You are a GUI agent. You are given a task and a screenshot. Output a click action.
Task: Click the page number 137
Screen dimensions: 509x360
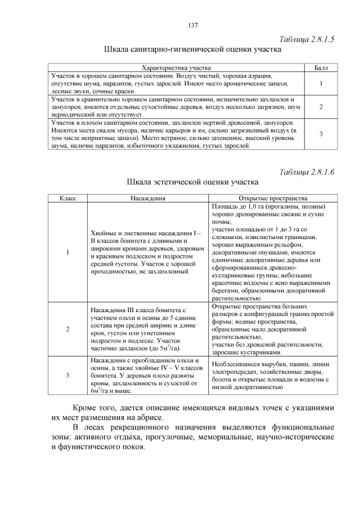(x=192, y=25)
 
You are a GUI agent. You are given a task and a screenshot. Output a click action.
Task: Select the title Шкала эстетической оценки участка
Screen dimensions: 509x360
(x=193, y=182)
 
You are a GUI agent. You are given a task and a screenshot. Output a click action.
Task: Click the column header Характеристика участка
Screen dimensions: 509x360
(x=174, y=67)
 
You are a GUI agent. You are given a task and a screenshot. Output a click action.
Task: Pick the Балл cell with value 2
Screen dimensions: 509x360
(x=320, y=107)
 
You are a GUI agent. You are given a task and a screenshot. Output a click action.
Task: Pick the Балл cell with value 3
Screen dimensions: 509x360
(x=320, y=134)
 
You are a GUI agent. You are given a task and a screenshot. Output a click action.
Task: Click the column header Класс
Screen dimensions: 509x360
(x=67, y=199)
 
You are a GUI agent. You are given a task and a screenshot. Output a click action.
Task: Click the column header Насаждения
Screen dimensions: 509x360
(x=148, y=199)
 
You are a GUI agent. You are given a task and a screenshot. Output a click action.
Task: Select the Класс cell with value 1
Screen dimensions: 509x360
(x=67, y=252)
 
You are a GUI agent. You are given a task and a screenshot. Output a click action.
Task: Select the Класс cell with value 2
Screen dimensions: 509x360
(x=67, y=329)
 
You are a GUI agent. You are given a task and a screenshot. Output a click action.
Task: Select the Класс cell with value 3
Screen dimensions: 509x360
(x=67, y=375)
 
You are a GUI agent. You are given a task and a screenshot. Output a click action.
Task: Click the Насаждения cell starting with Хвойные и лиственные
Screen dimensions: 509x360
(x=147, y=252)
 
